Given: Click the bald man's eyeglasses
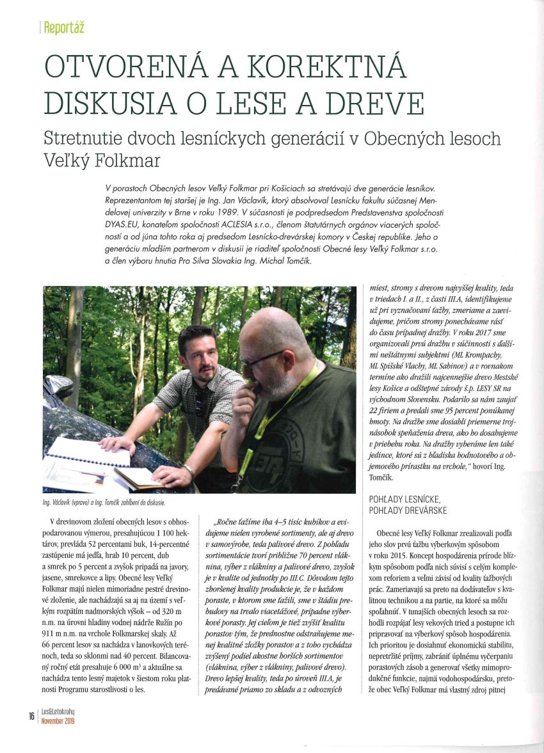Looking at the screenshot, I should pos(261,360).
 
